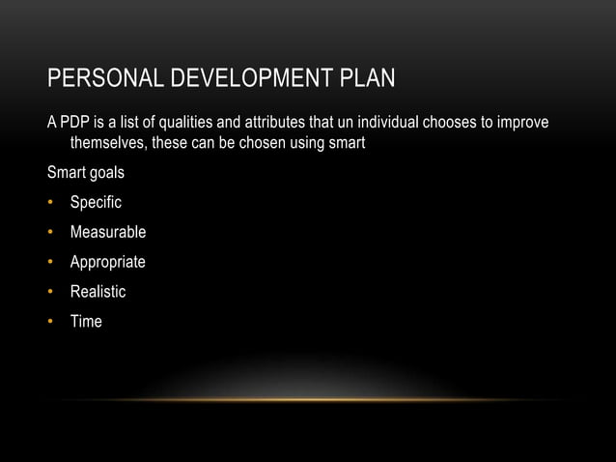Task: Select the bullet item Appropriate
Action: tap(108, 262)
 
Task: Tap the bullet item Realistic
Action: tap(98, 291)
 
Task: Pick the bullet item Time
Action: tap(86, 321)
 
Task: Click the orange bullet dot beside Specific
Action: tap(52, 204)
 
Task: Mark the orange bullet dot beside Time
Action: tap(52, 321)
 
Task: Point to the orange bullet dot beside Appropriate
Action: tap(52, 262)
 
